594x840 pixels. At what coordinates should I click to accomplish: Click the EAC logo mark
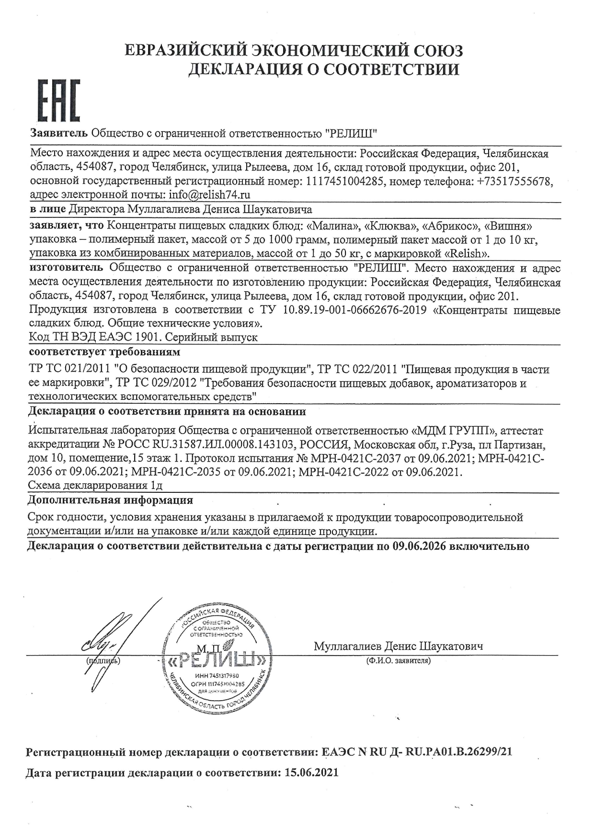tap(59, 102)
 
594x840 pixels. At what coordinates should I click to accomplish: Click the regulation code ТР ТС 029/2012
tap(158, 383)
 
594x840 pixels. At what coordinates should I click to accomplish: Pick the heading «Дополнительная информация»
tap(111, 500)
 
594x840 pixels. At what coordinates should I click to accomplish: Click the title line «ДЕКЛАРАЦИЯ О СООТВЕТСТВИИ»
tap(323, 69)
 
